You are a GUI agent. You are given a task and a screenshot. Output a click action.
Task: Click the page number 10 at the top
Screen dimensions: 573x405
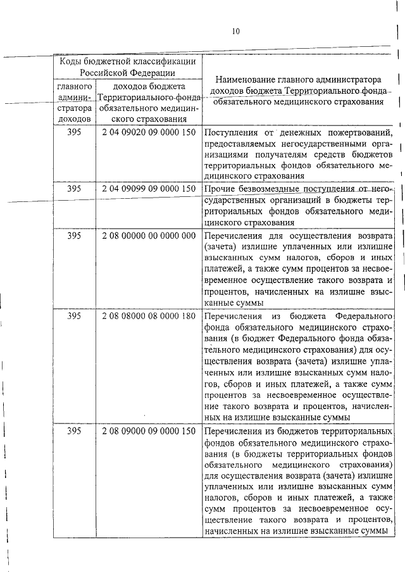coord(235,30)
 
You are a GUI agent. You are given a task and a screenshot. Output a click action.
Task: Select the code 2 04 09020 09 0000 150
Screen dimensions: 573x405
coord(148,133)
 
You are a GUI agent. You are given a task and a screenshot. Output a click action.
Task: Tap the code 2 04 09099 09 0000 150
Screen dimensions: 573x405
coord(148,189)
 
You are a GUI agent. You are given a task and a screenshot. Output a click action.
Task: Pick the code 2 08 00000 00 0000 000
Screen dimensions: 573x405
coord(148,235)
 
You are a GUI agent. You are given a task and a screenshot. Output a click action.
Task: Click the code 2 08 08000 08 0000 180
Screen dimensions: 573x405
coord(148,316)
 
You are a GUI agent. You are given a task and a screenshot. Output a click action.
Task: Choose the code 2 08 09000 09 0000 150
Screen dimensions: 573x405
coord(148,431)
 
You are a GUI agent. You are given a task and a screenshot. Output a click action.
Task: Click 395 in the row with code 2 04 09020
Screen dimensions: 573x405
coord(75,133)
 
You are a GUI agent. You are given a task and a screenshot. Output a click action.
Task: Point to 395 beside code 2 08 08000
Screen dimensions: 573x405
coord(75,316)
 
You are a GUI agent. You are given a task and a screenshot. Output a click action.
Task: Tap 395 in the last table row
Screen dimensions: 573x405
coord(75,431)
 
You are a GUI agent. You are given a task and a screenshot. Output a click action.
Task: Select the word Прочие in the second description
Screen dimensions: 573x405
coord(219,189)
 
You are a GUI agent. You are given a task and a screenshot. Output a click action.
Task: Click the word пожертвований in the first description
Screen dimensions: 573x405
coord(355,133)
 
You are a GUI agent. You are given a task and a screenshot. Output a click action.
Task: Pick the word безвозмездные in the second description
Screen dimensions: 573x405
coord(269,189)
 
